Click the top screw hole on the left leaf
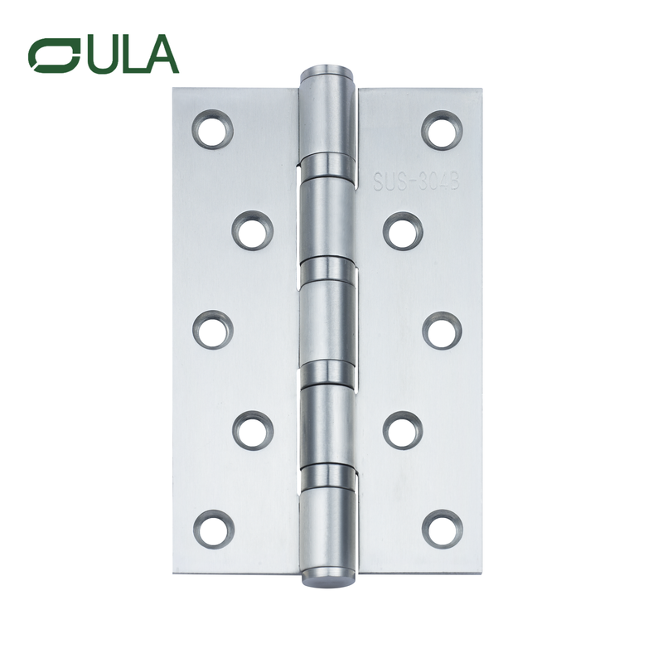[x=213, y=129]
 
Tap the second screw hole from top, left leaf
[x=252, y=230]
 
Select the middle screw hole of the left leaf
[x=213, y=330]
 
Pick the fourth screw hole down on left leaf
[x=252, y=430]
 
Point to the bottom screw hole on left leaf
[x=213, y=529]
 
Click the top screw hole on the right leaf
[x=442, y=129]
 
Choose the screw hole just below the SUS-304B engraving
[x=403, y=230]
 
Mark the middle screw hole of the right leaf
[x=442, y=330]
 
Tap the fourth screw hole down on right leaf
[x=403, y=430]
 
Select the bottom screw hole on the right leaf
[x=442, y=529]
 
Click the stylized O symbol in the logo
[x=53, y=55]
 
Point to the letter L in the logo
[x=130, y=55]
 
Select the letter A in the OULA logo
[x=160, y=55]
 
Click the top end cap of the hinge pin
[x=327, y=69]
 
